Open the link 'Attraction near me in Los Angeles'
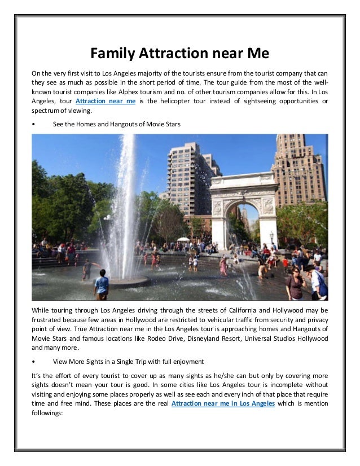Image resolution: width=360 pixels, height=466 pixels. [x=223, y=404]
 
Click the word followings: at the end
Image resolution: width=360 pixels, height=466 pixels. [x=49, y=413]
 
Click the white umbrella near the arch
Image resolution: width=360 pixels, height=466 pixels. [x=183, y=239]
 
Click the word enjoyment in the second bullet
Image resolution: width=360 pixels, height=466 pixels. [x=185, y=361]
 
